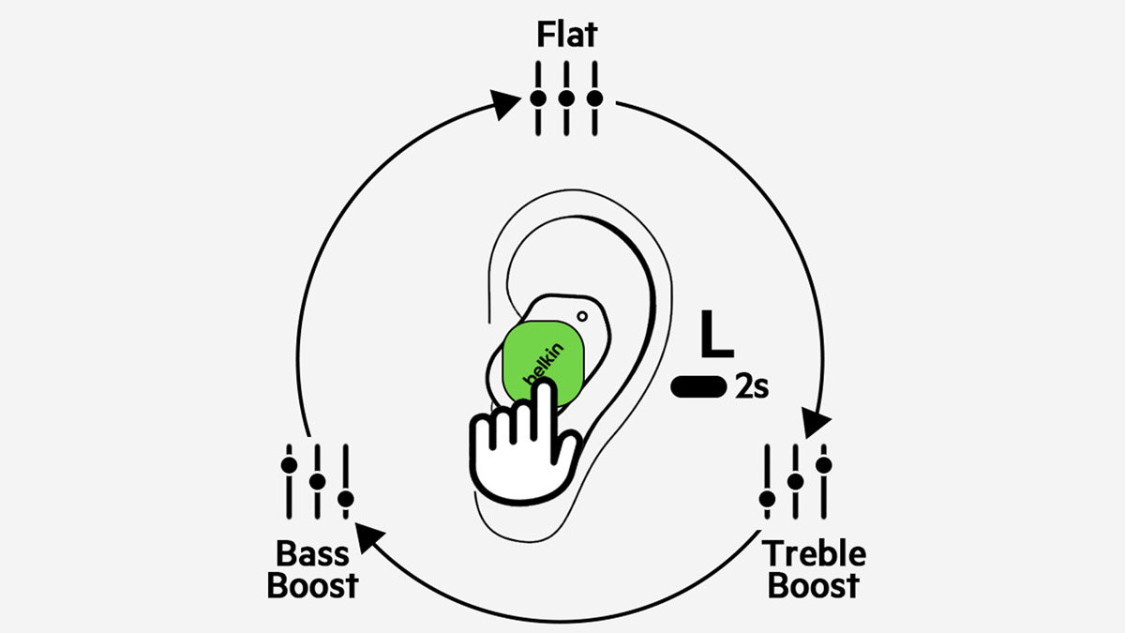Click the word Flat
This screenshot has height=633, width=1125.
[x=566, y=36]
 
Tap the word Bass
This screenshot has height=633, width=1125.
[x=313, y=553]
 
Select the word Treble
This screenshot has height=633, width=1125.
[x=814, y=553]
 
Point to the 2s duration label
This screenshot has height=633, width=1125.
[x=752, y=386]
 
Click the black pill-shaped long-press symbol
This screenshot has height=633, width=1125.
[x=699, y=386]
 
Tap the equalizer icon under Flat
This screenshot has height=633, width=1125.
[x=566, y=98]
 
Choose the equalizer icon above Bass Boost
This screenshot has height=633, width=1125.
[x=317, y=480]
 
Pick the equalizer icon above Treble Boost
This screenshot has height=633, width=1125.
[x=795, y=480]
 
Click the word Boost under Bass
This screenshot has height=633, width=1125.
[x=313, y=586]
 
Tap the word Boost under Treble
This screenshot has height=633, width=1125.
[x=812, y=586]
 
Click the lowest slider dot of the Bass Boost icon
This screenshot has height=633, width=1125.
[x=345, y=498]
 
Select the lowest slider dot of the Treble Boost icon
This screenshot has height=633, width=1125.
[x=767, y=497]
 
